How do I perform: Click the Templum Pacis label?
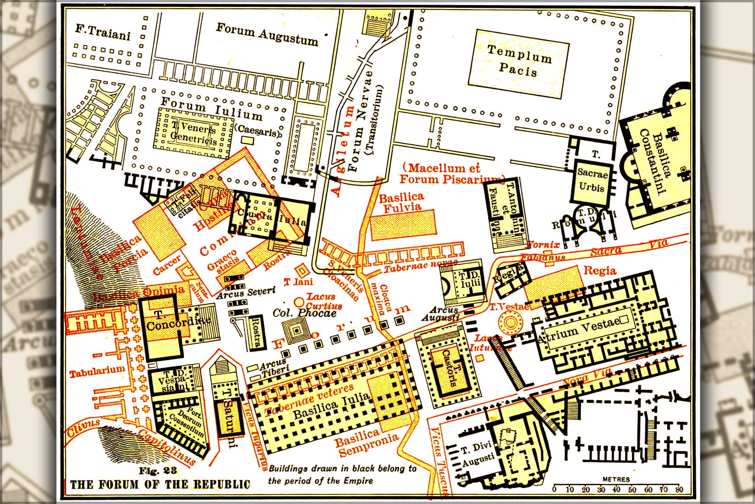pyautogui.click(x=519, y=60)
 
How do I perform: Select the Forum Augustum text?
pyautogui.click(x=267, y=34)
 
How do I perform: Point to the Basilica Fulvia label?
pyautogui.click(x=401, y=202)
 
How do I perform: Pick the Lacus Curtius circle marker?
pyautogui.click(x=299, y=302)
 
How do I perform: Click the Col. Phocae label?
pyautogui.click(x=305, y=313)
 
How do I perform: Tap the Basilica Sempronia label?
pyautogui.click(x=366, y=441)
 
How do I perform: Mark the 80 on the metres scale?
pyautogui.click(x=679, y=489)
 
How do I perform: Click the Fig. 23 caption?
pyautogui.click(x=157, y=471)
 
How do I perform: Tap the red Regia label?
pyautogui.click(x=599, y=270)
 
